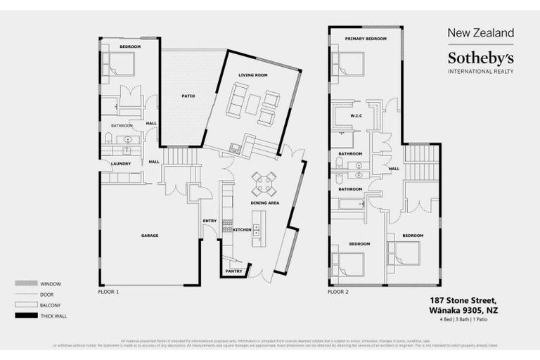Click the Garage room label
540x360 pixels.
[149, 235]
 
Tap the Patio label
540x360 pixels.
[188, 96]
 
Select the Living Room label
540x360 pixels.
[253, 75]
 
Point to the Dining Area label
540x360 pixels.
[265, 202]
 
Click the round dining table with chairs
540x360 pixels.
[265, 184]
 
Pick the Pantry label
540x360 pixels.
[234, 271]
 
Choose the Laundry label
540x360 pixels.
[121, 164]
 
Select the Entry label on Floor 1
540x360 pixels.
[210, 221]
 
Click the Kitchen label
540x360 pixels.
[243, 230]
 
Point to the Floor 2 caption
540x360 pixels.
[339, 291]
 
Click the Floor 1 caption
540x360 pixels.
[109, 291]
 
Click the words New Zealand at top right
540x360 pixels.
[481, 32]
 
